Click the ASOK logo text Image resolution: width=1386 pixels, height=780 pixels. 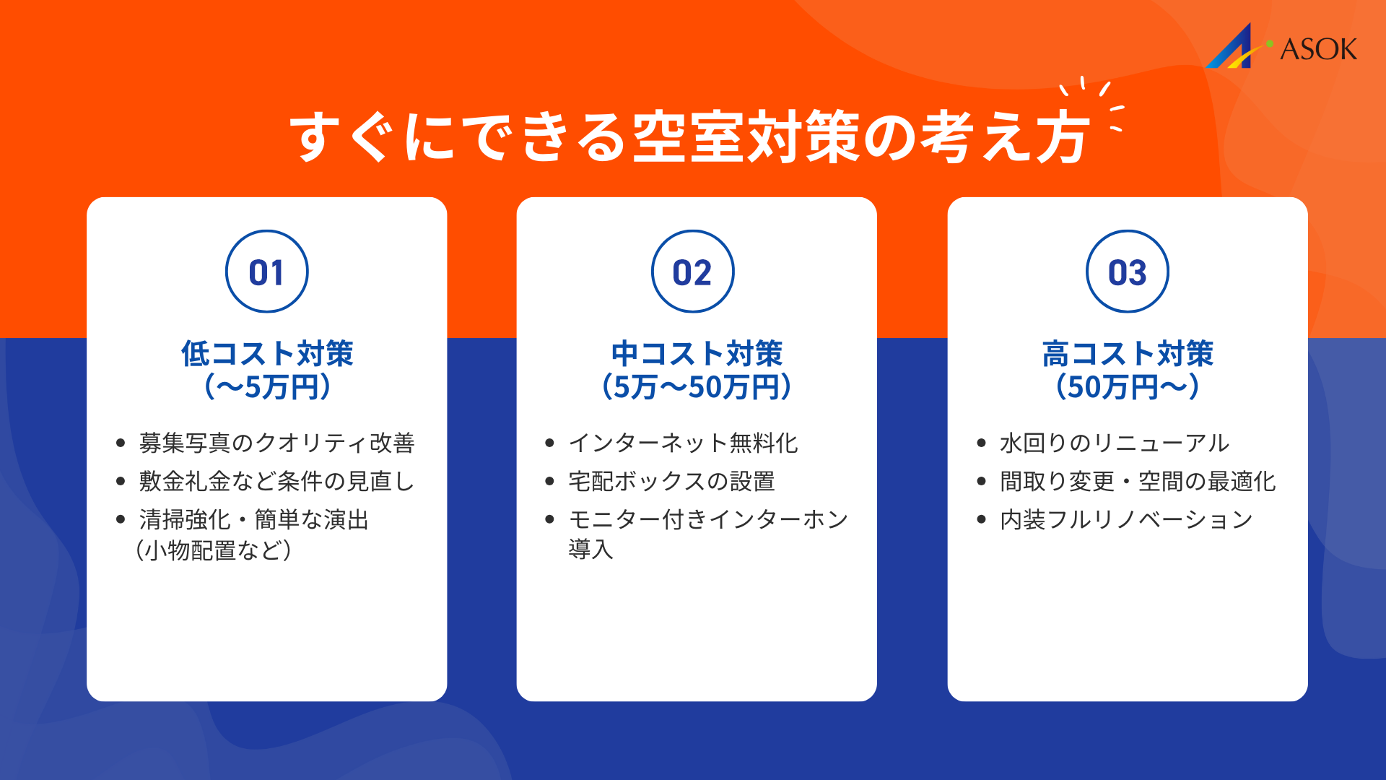tap(1318, 49)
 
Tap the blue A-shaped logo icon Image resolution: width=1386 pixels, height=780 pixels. tap(1232, 49)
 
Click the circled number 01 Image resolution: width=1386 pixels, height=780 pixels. tap(267, 272)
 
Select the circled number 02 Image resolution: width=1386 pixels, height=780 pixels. tap(693, 272)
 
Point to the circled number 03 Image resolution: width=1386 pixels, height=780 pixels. tap(1128, 272)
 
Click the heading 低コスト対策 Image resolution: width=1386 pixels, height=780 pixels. tap(267, 354)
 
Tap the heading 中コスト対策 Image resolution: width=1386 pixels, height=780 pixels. tap(697, 354)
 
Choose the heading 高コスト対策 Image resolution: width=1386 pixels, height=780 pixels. tap(1128, 354)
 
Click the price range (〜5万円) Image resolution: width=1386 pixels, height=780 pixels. tap(267, 387)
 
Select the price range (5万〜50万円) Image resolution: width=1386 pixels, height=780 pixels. tap(697, 387)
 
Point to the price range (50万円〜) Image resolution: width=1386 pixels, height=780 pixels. tap(1128, 387)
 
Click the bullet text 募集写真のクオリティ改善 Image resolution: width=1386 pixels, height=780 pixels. tap(276, 443)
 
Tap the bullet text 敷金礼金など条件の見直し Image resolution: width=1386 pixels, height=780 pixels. tap(276, 481)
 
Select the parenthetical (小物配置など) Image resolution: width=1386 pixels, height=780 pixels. tap(214, 550)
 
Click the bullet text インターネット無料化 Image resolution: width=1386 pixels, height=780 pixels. tap(683, 443)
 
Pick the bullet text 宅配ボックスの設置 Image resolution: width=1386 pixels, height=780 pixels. tap(671, 481)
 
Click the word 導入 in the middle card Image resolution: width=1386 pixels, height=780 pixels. tap(590, 550)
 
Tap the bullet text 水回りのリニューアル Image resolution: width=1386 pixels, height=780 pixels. tap(1115, 443)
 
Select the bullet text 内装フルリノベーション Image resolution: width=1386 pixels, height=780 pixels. tap(1126, 519)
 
